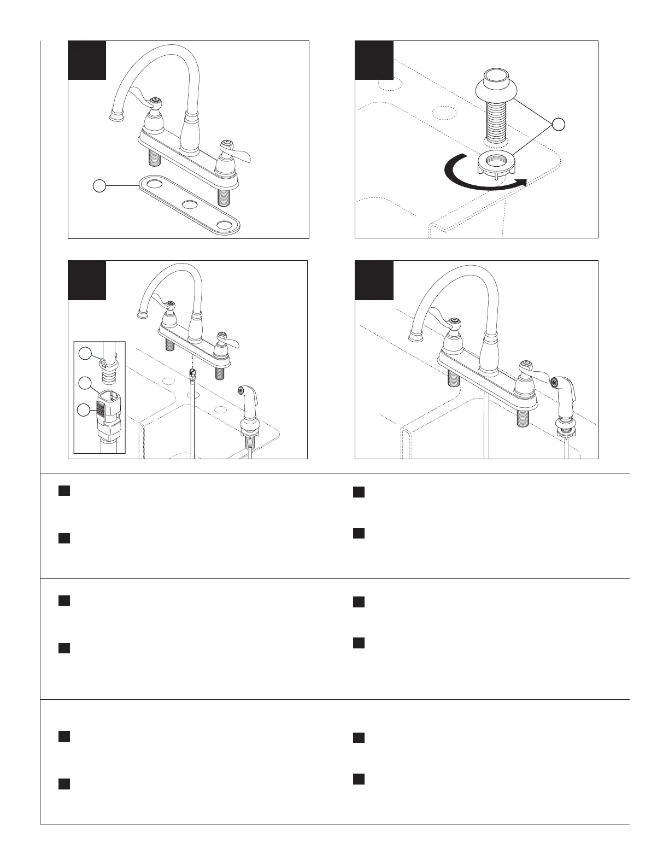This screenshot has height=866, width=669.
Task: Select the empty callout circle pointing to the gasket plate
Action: [x=99, y=186]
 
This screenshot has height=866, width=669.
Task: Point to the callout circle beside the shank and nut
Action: [x=558, y=125]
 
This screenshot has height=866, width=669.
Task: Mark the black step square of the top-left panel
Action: [x=87, y=60]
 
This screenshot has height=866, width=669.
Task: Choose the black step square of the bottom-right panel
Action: [x=374, y=280]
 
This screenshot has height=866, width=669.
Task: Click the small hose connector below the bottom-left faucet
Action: [x=192, y=373]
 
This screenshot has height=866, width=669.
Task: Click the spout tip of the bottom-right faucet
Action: [x=418, y=335]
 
